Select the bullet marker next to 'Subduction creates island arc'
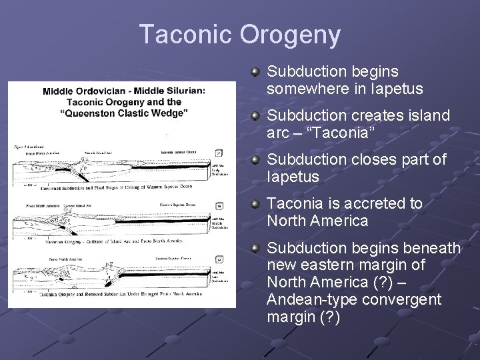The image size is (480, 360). pos(255,117)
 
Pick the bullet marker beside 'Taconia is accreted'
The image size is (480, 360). pos(255,205)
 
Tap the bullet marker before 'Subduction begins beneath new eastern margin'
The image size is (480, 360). pos(255,249)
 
